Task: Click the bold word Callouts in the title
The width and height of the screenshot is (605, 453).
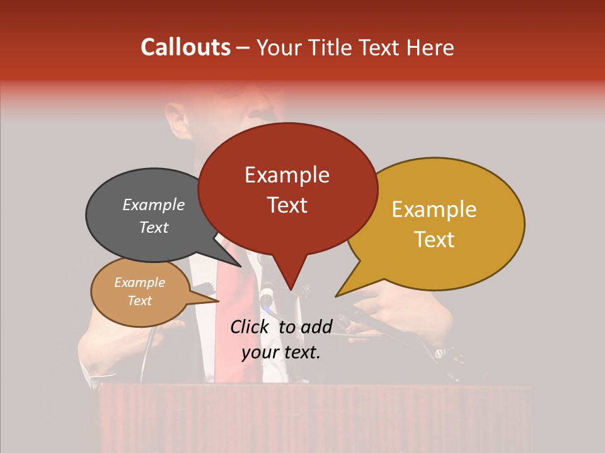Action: [x=185, y=47]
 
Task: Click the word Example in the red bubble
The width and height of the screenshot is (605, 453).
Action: [x=287, y=175]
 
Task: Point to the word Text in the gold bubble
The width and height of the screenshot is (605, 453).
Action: [x=435, y=240]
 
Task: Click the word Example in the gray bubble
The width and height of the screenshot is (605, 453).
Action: [x=154, y=205]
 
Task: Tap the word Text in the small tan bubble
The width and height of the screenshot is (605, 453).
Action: [x=140, y=301]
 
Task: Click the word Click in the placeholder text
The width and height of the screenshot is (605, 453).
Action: [x=251, y=326]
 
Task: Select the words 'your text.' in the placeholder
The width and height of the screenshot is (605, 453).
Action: [x=281, y=352]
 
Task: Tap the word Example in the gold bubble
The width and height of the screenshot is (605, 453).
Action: [x=435, y=210]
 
